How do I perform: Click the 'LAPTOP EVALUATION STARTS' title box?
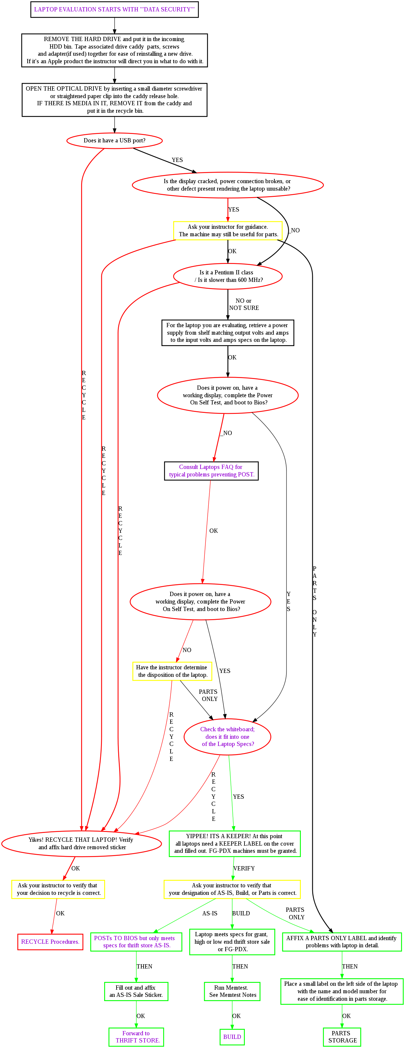(x=114, y=9)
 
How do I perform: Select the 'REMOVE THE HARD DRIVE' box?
(x=114, y=50)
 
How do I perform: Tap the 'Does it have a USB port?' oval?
(x=114, y=140)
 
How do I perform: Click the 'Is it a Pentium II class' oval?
(x=228, y=276)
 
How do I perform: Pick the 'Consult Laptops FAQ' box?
(x=211, y=471)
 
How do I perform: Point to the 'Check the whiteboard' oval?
(x=227, y=736)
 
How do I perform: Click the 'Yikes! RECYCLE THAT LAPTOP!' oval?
(x=81, y=843)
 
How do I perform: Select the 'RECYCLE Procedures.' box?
(x=50, y=941)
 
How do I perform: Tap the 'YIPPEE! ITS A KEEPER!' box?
(x=235, y=843)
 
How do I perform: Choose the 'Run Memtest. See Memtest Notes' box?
(x=232, y=991)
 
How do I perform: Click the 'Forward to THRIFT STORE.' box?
(x=136, y=1037)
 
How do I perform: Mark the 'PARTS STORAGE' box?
(x=342, y=1037)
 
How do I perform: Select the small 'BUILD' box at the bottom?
(x=232, y=1037)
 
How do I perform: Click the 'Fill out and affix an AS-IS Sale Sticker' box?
(x=136, y=991)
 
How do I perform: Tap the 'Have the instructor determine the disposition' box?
(x=172, y=671)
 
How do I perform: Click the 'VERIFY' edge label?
(x=244, y=868)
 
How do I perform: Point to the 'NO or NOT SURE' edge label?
(x=244, y=304)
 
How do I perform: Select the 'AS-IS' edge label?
(x=210, y=913)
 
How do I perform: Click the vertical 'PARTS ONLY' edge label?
(x=314, y=601)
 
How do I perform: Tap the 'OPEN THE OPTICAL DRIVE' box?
(x=114, y=100)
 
